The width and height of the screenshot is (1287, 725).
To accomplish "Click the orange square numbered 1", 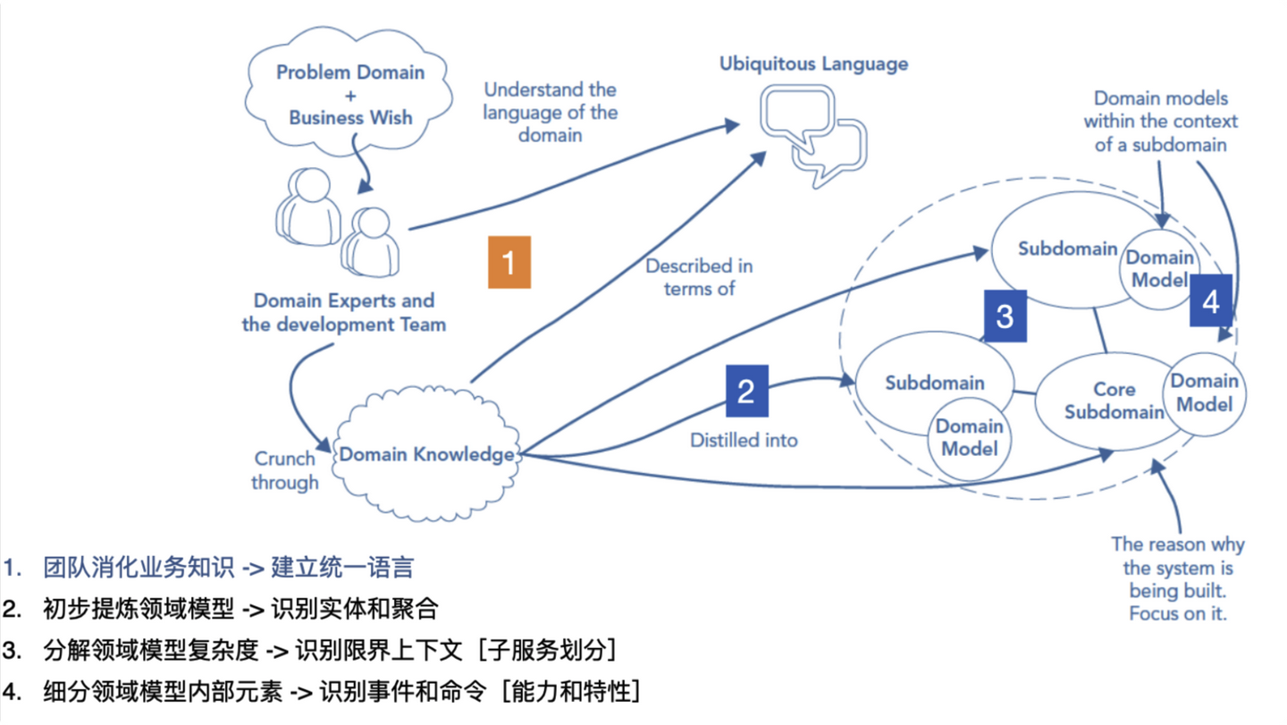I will point(509,262).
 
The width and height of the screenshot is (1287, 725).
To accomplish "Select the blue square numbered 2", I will point(745,391).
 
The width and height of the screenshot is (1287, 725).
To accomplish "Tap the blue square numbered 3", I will point(1005,316).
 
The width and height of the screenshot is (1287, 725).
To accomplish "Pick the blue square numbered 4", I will point(1210,301).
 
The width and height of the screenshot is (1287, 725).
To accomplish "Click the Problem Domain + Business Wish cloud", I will point(350,95).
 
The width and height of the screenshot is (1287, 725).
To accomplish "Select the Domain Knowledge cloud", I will point(426,455).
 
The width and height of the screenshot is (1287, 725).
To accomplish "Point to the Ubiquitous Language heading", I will point(814,64).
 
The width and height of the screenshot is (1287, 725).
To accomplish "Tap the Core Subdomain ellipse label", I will point(1114,400).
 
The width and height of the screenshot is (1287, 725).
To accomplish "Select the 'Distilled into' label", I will point(744,440).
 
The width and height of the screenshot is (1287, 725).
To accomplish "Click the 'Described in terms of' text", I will point(699,277).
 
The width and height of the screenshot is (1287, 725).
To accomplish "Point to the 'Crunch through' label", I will point(284,470).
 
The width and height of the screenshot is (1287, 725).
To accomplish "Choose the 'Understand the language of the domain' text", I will point(550,113).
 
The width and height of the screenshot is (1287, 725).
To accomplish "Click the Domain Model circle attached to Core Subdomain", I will point(1204,392).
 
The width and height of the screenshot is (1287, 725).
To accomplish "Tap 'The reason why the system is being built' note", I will point(1177,578).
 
